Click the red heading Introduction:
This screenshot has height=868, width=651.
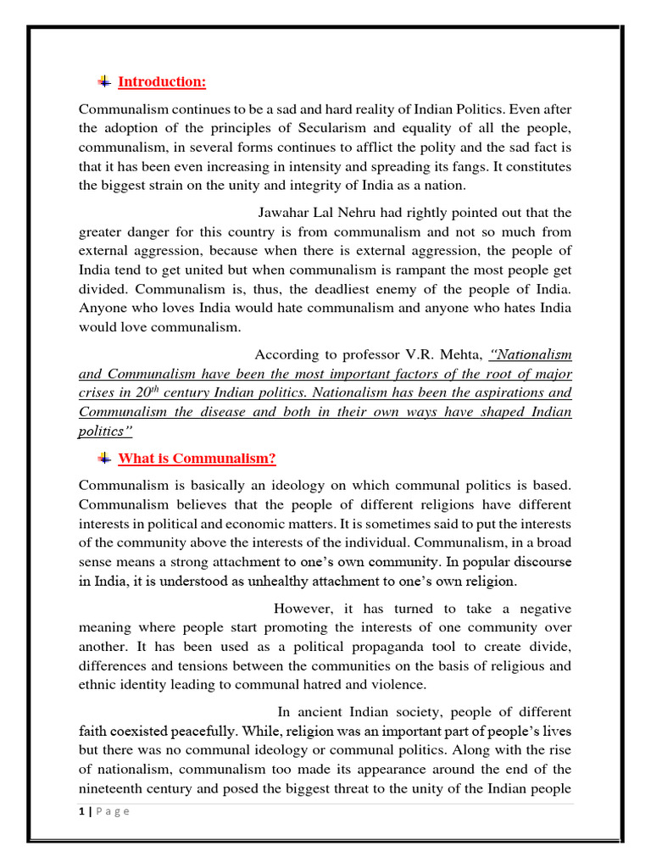[162, 82]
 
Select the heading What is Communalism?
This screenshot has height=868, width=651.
[197, 459]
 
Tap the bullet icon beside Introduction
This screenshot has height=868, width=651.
[103, 81]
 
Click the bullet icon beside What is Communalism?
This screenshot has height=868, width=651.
[103, 459]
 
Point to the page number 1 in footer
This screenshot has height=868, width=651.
[81, 811]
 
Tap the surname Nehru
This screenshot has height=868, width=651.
[370, 213]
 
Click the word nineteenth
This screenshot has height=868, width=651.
[113, 788]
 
